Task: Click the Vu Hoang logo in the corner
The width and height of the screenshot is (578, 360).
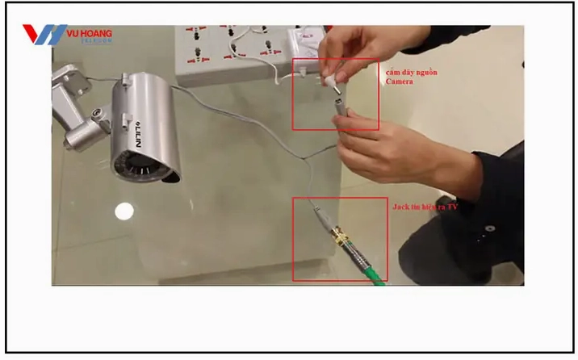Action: click(68, 35)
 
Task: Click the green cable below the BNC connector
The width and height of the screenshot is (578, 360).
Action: click(371, 271)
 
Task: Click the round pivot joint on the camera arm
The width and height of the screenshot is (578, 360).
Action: click(96, 113)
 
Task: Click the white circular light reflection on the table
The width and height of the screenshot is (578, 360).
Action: click(123, 211)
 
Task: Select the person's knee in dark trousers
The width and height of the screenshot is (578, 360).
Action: click(428, 234)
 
